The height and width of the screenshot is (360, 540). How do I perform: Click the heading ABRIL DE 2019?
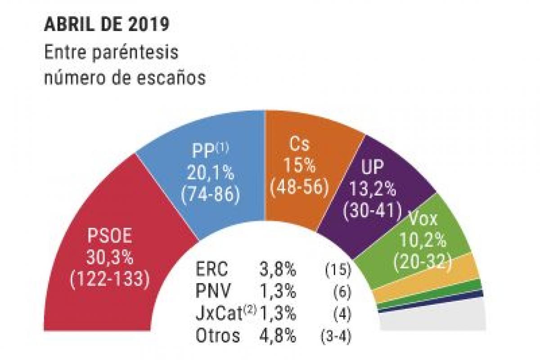[x=107, y=25]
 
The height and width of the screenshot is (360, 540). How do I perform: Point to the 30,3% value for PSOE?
[x=110, y=258]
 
